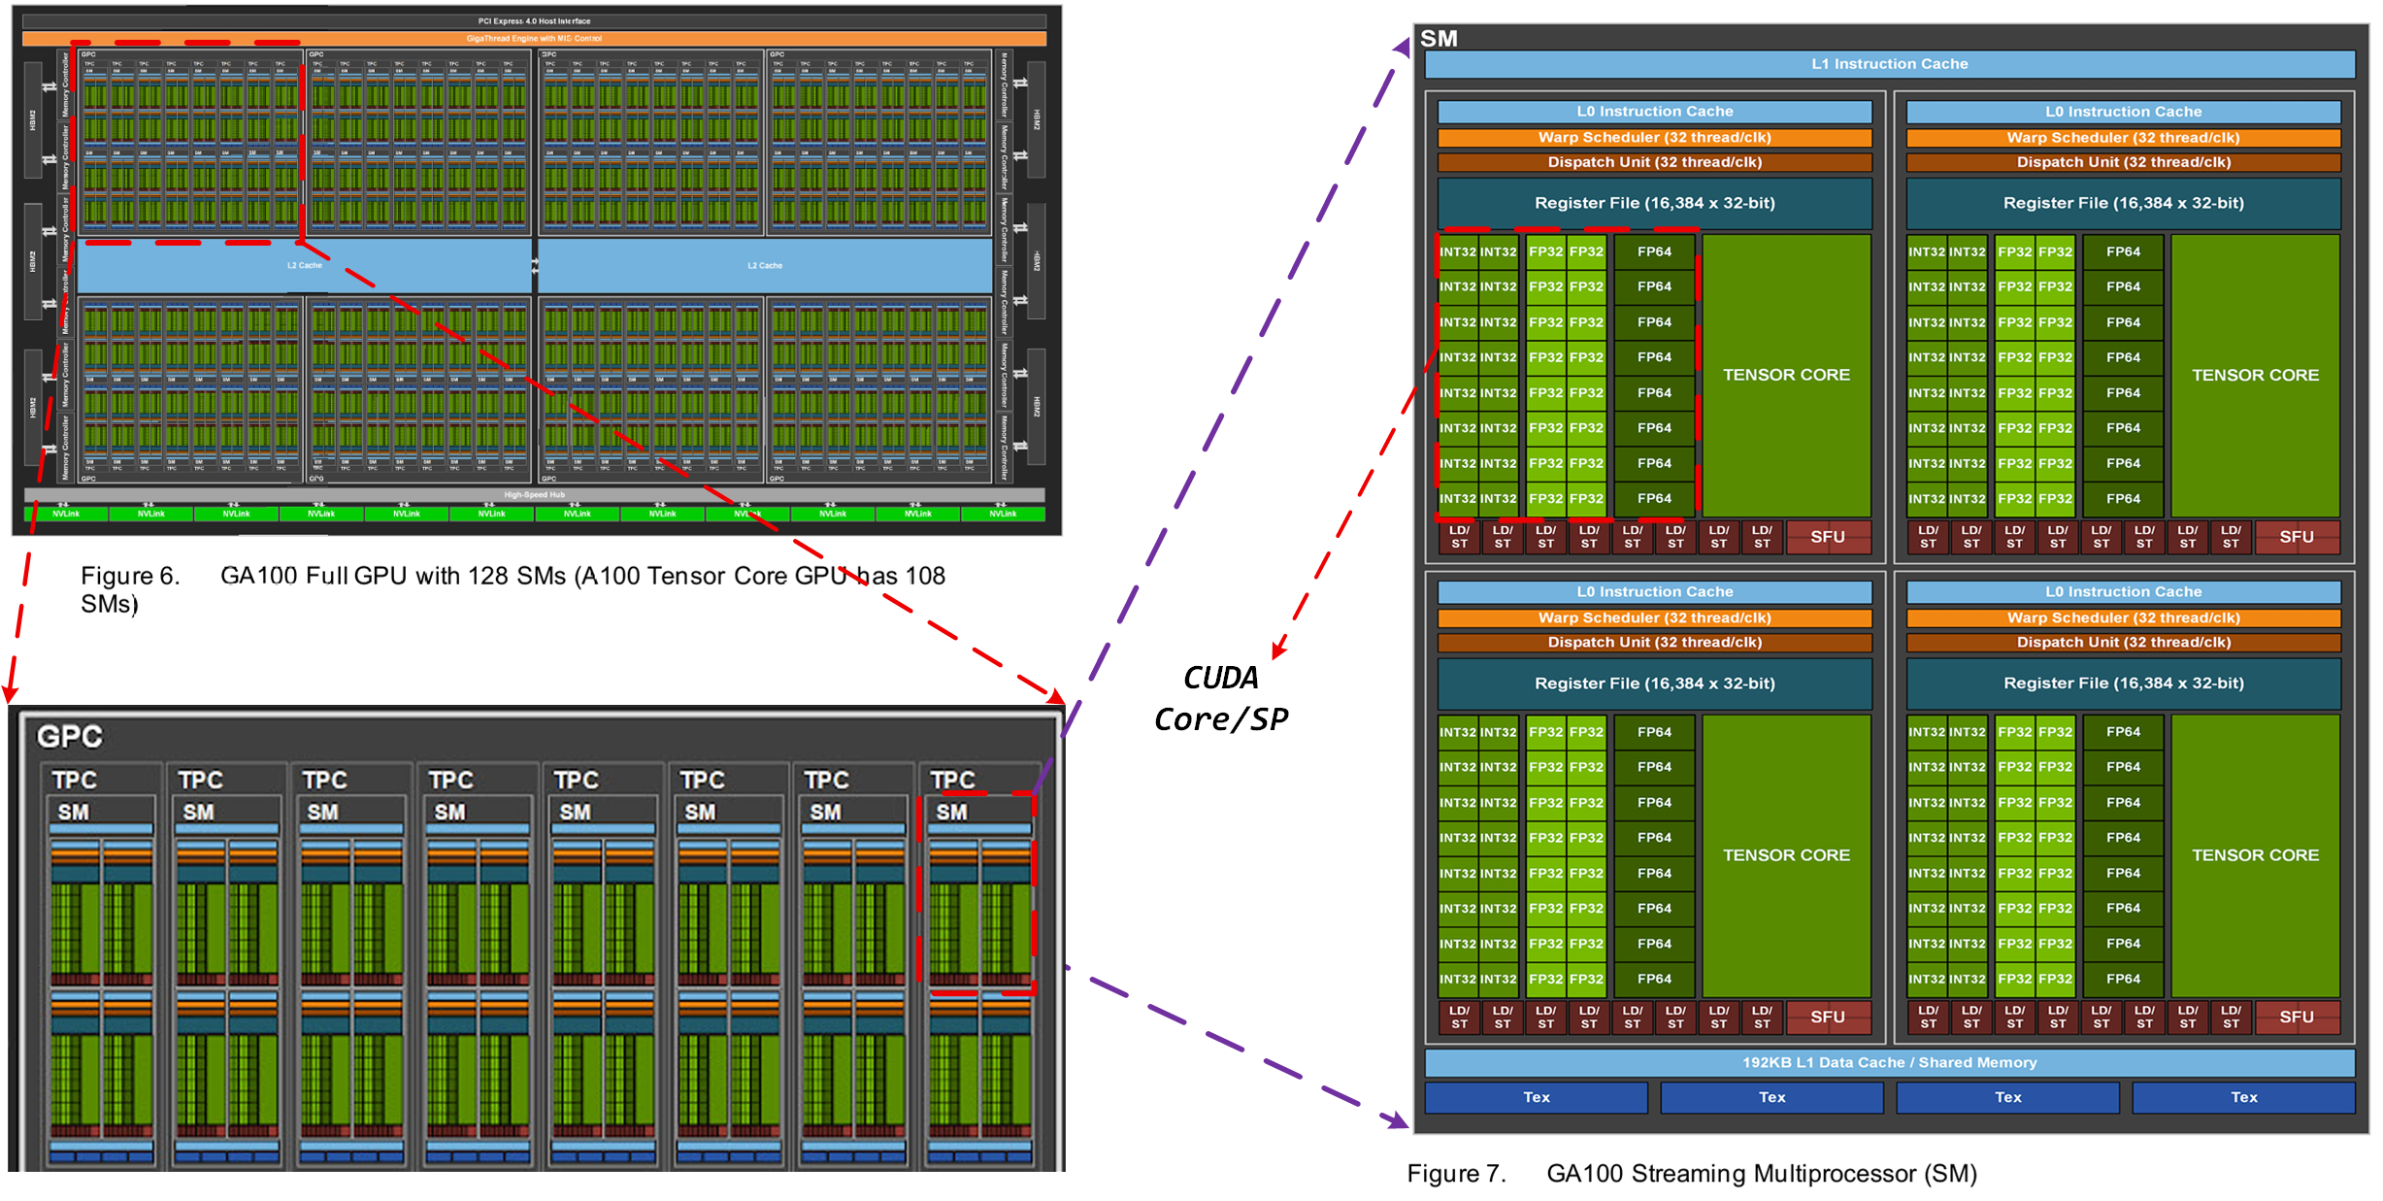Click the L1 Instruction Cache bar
pyautogui.click(x=1889, y=64)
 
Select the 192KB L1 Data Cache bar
pyautogui.click(x=1889, y=1062)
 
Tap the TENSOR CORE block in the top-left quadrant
pyautogui.click(x=1786, y=375)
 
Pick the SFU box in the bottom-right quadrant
pyautogui.click(x=2296, y=1017)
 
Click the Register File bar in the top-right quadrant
pyautogui.click(x=2123, y=203)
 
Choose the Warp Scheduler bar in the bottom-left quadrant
pyautogui.click(x=1654, y=617)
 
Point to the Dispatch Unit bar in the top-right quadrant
pyautogui.click(x=2123, y=162)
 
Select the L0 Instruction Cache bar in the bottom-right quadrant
pyautogui.click(x=2123, y=591)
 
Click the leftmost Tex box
pyautogui.click(x=1536, y=1097)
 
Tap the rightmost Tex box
pyautogui.click(x=2243, y=1097)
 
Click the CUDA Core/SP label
pyautogui.click(x=1221, y=699)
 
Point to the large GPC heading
pyautogui.click(x=70, y=737)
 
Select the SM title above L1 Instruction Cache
pyautogui.click(x=1439, y=39)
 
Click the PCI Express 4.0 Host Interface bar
pyautogui.click(x=534, y=20)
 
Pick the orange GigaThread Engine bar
pyautogui.click(x=534, y=39)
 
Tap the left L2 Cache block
pyautogui.click(x=304, y=265)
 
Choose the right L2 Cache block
pyautogui.click(x=765, y=265)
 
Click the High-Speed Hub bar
pyautogui.click(x=534, y=495)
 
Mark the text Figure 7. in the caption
pyautogui.click(x=1456, y=1174)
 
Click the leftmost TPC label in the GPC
pyautogui.click(x=75, y=781)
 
